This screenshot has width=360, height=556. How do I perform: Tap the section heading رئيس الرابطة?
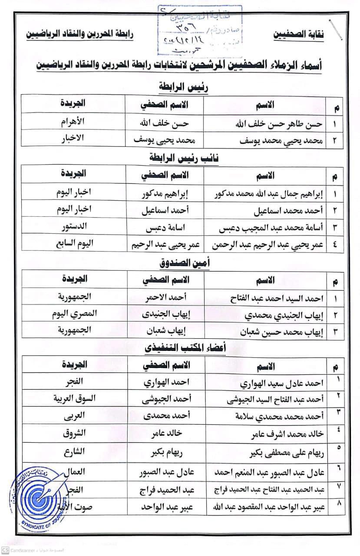(x=182, y=87)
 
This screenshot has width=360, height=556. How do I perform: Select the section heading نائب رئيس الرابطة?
(x=182, y=159)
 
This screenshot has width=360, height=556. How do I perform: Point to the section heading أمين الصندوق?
(x=182, y=263)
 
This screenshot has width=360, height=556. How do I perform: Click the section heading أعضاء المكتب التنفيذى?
(x=182, y=347)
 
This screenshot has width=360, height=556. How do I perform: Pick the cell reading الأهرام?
(x=72, y=122)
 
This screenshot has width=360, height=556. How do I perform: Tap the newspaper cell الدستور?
(x=72, y=226)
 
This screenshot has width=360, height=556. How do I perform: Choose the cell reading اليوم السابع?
(x=72, y=243)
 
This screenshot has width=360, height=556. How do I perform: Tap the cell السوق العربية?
(x=72, y=398)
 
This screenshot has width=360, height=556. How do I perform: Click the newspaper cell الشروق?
(x=72, y=433)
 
